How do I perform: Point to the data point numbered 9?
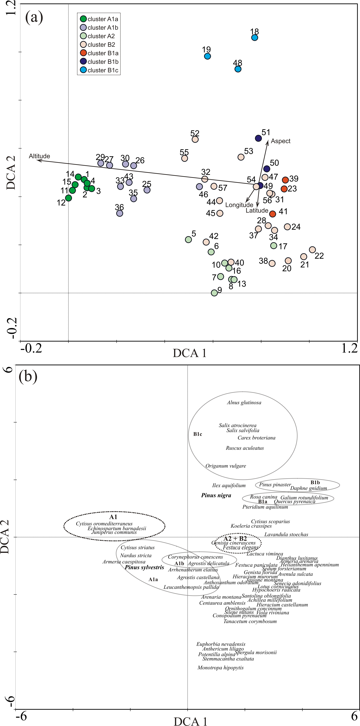(x=214, y=293)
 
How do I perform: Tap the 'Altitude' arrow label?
(x=39, y=156)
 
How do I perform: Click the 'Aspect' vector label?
(x=281, y=141)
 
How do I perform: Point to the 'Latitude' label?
(x=257, y=211)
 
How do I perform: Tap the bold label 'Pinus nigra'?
(x=216, y=495)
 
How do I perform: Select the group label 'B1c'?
(x=197, y=434)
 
